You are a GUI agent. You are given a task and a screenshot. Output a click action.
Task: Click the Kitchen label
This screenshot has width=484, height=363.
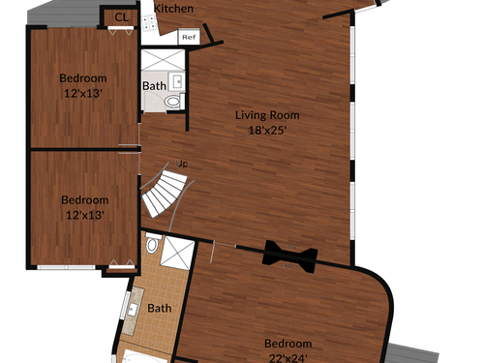(173, 9)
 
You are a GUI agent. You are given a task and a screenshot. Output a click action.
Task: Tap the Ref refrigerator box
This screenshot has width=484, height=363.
(189, 37)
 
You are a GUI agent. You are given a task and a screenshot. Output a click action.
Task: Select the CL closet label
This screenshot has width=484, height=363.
(121, 17)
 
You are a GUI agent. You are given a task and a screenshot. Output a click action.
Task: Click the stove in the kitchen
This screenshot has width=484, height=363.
(149, 22)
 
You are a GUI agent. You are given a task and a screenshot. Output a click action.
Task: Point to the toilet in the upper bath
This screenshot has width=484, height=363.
(174, 102)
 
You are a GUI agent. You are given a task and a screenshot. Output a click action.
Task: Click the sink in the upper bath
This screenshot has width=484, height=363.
(176, 81)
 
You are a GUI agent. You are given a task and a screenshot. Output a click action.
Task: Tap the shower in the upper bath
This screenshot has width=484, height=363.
(163, 60)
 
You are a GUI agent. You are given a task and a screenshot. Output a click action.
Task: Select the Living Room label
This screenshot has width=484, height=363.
(267, 115)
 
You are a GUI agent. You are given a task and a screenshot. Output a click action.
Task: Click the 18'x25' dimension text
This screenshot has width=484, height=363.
(267, 131)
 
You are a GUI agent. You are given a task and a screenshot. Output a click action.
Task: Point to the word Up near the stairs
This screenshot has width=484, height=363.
(182, 164)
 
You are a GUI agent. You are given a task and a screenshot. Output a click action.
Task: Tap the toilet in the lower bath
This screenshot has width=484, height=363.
(153, 243)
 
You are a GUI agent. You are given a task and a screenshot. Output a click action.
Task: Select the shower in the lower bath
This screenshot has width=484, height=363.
(177, 254)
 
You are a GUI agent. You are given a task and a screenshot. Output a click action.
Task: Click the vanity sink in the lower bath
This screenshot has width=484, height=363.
(132, 310)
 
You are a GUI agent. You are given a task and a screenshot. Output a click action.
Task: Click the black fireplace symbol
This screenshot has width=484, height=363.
(289, 257)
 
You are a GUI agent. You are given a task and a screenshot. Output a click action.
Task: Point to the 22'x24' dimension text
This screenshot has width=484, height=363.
(287, 358)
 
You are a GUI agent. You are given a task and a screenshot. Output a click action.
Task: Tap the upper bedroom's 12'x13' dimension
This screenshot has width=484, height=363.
(83, 94)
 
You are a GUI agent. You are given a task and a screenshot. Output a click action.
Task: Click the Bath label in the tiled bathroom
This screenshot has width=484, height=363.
(160, 308)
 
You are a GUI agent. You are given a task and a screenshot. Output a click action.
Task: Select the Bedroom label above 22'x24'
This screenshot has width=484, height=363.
(287, 344)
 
